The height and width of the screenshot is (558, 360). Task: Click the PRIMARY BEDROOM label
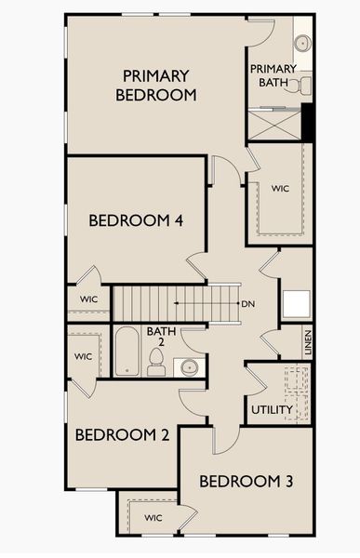coord(155,85)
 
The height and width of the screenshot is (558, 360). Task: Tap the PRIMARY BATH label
coord(273,75)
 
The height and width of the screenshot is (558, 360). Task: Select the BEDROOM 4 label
coord(135,220)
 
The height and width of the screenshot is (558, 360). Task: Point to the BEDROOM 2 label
coord(121,434)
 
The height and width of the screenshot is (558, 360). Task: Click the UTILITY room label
coord(272,409)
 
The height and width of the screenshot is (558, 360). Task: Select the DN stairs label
coord(248,303)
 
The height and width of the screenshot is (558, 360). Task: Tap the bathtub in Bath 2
coord(127,351)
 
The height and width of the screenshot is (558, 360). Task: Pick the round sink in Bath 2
coord(189,365)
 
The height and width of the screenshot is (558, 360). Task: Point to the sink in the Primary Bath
coord(302,43)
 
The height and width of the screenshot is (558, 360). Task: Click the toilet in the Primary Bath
coord(302,86)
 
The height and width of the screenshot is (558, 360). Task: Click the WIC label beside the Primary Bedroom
coord(281,188)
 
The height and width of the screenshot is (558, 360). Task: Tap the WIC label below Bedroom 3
coord(153,517)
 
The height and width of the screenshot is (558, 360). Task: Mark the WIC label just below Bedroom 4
coord(88,299)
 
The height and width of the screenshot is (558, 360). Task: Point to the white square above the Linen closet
coord(297,304)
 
